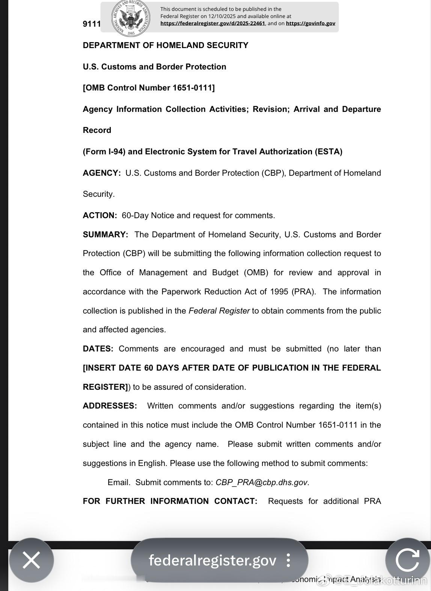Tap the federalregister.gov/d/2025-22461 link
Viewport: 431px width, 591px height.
click(x=212, y=23)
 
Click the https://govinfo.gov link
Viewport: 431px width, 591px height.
click(x=310, y=23)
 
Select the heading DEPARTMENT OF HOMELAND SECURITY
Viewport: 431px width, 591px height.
click(x=166, y=45)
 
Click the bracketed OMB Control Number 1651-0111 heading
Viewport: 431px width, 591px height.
click(x=149, y=88)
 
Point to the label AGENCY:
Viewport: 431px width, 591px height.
click(x=102, y=173)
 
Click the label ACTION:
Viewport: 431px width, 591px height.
click(x=100, y=216)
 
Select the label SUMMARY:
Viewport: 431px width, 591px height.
click(x=105, y=235)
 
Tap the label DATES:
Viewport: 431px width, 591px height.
click(x=98, y=349)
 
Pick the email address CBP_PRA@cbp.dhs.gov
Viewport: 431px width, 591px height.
click(x=261, y=482)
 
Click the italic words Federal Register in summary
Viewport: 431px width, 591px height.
click(x=219, y=311)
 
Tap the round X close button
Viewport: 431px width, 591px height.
click(x=32, y=560)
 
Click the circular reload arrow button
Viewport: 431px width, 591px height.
click(x=408, y=560)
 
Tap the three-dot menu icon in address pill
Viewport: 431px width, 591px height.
click(x=288, y=560)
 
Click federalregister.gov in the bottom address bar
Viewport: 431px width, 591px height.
click(x=212, y=560)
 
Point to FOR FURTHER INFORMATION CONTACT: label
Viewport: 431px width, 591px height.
click(x=170, y=501)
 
